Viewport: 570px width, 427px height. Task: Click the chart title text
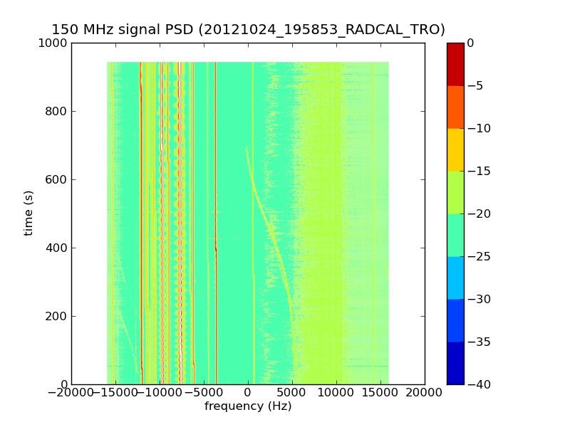pos(248,29)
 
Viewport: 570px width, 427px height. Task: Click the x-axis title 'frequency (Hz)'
pos(248,406)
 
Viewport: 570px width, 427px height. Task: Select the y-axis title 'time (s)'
pos(28,213)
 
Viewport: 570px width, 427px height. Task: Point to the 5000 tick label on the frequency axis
pos(292,394)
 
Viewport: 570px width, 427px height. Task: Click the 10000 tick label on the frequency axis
pos(336,394)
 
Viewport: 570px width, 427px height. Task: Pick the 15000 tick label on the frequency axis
pos(380,394)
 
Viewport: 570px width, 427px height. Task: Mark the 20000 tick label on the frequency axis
pos(425,394)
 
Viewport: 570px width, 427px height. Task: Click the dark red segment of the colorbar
pos(455,64)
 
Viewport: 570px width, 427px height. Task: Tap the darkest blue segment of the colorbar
pos(455,363)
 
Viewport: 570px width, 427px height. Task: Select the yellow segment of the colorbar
pos(455,149)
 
